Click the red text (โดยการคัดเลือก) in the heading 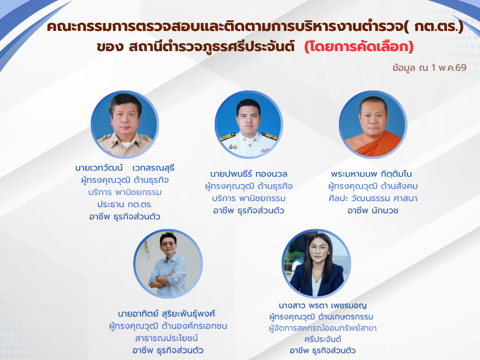[359, 47]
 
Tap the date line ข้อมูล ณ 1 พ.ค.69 [429, 67]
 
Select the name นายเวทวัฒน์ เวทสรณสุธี [125, 168]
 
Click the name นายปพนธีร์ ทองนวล [248, 174]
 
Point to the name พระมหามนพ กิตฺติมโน [371, 174]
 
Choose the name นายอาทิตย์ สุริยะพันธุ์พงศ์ [166, 314]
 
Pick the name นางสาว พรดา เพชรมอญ [322, 306]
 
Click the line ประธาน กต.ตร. [125, 204]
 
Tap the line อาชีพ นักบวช [373, 210]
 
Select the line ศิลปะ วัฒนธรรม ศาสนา [373, 198]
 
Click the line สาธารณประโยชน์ [166, 338]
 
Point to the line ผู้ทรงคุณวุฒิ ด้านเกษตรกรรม [321, 317]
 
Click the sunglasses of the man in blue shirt [168, 244]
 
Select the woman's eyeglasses [319, 248]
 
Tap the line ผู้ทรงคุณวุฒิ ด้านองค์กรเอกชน [168, 326]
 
